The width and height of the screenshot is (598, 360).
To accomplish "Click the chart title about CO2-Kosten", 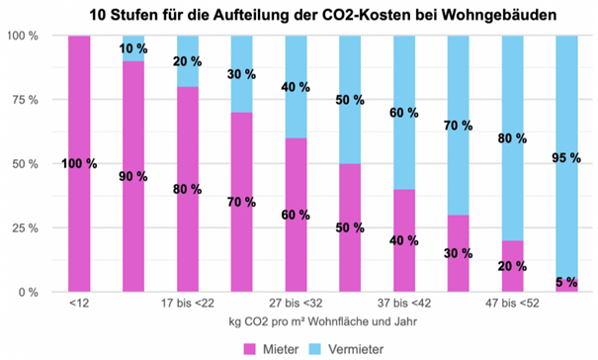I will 299,14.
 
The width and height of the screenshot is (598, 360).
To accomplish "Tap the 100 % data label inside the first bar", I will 78,164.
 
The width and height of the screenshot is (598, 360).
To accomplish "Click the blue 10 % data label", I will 132,48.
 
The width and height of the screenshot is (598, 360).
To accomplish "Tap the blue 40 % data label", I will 296,87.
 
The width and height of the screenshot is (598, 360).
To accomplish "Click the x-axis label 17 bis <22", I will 187,306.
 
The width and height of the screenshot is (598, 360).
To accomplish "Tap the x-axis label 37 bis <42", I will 404,306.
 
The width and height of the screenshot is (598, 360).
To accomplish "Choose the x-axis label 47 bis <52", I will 512,306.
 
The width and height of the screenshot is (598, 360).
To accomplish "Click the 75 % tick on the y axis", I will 24,100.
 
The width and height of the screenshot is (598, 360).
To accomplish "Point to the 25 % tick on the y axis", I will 24,228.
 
